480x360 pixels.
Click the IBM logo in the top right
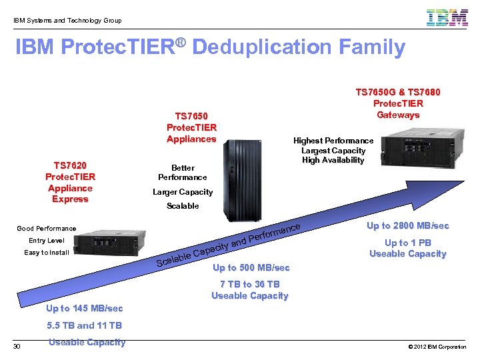[447, 18]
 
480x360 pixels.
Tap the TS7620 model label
[70, 165]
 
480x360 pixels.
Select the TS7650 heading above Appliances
[191, 115]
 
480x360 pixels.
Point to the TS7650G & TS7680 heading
[398, 92]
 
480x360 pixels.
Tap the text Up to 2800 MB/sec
[407, 226]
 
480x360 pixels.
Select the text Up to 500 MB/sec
[251, 268]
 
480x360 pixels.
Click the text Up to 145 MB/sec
[85, 308]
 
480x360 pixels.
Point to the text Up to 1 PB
[407, 243]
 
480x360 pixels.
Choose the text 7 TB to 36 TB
[250, 284]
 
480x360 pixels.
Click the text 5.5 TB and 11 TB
[85, 325]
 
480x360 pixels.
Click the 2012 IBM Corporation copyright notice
[436, 347]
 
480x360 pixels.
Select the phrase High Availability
[333, 160]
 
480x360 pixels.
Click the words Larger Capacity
[183, 192]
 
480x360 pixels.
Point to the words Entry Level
[47, 240]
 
